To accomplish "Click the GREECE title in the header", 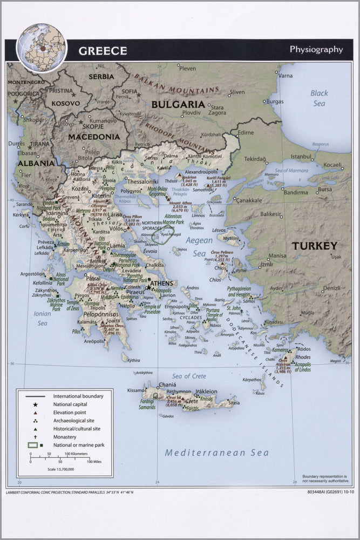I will [x=103, y=51].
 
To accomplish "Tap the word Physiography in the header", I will [x=316, y=49].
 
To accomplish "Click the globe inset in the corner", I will [x=42, y=48].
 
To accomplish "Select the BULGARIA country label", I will [x=178, y=104].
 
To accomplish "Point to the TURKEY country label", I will [x=314, y=246].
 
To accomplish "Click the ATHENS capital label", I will [x=161, y=283].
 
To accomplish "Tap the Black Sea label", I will [x=319, y=98].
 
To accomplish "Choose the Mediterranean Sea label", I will [x=216, y=453].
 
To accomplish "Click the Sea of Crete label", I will [x=189, y=376].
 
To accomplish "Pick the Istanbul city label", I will [x=302, y=156].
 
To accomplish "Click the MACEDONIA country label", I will [x=94, y=137].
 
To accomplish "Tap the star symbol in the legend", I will [x=35, y=404].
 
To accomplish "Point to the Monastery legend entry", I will [x=64, y=436].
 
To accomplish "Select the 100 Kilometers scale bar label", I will [x=76, y=454].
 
